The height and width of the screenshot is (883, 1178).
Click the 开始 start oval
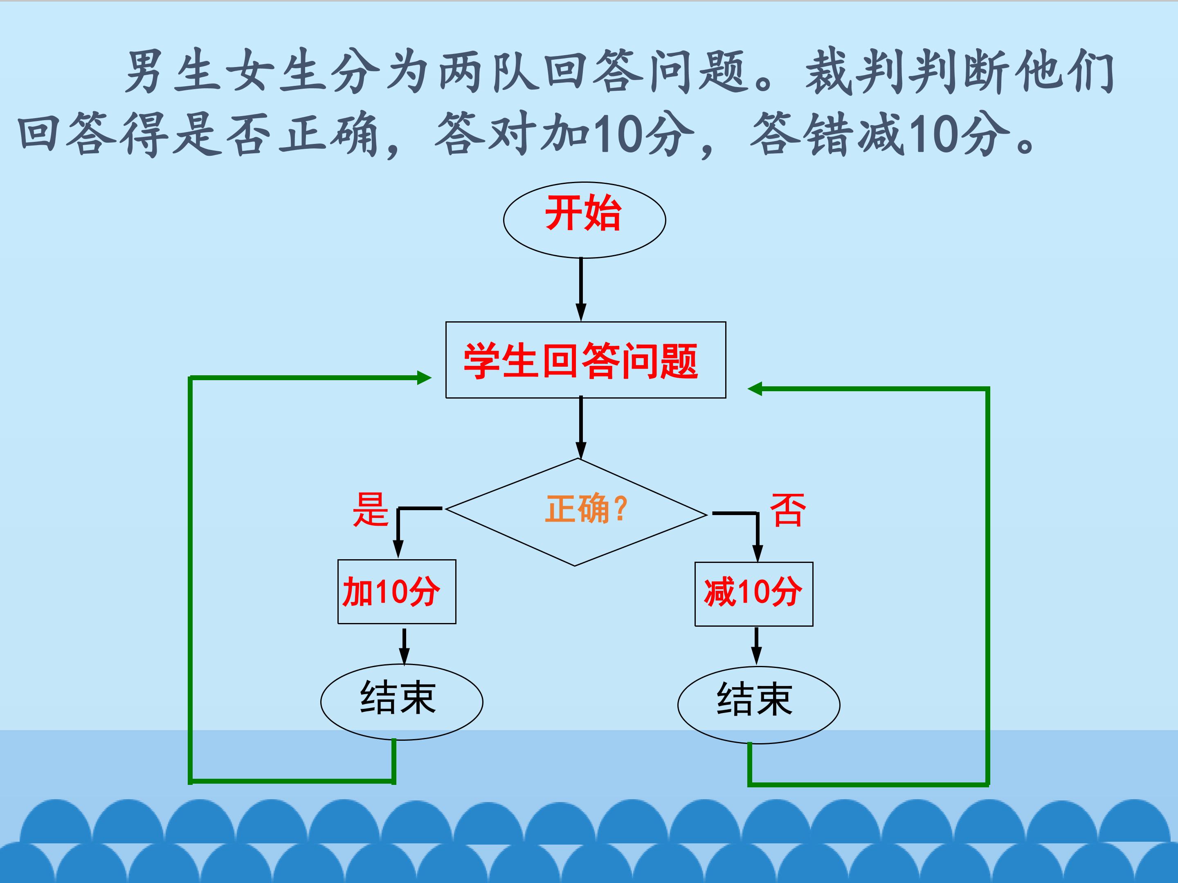pos(584,220)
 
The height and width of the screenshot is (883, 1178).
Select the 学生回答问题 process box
pos(586,360)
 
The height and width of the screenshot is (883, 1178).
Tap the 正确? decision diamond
pos(576,512)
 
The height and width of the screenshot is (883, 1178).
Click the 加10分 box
pos(397,592)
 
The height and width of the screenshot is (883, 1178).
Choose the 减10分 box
pos(753,594)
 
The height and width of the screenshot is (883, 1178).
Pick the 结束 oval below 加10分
pos(402,702)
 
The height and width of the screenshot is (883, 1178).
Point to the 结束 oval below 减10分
pos(758,705)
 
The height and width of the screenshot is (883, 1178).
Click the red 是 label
pos(371,509)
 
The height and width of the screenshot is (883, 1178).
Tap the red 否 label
pos(788,509)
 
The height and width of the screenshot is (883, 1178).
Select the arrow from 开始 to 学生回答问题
pos(581,289)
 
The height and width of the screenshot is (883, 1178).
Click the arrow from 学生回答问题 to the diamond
pos(581,427)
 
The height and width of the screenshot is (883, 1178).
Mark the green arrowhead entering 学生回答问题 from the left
pos(424,378)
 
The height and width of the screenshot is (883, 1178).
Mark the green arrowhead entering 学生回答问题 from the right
pos(755,389)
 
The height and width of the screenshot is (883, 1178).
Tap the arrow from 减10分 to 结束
pos(756,646)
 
